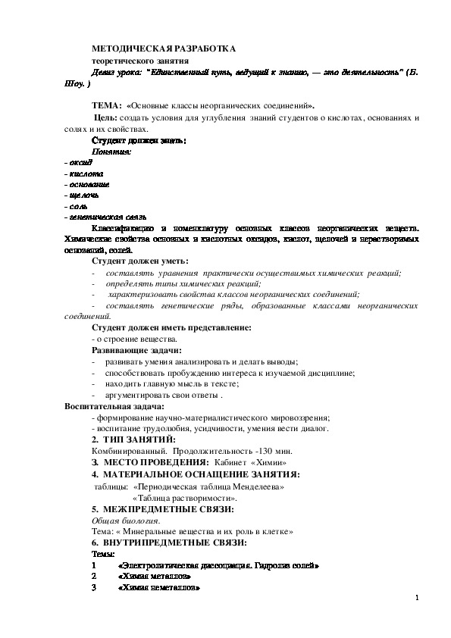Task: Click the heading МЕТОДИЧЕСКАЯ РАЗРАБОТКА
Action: pyautogui.click(x=164, y=47)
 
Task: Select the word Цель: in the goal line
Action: pyautogui.click(x=105, y=119)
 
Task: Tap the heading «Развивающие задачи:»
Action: pyautogui.click(x=136, y=351)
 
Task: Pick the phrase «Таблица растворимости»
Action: pyautogui.click(x=184, y=499)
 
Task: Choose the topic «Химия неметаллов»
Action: pyautogui.click(x=158, y=588)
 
